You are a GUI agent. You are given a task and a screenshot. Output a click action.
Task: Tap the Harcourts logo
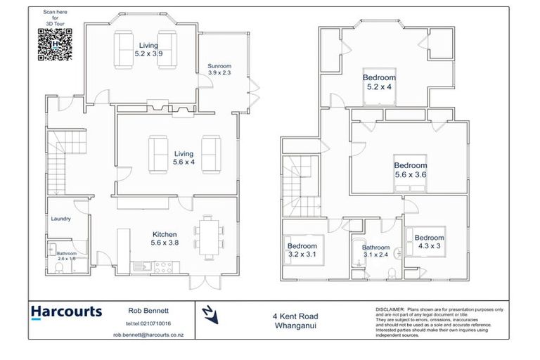pos(66,312)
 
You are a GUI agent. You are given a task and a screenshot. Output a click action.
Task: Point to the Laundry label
pos(60,219)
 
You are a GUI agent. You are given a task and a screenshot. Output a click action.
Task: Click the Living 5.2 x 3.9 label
pos(148,49)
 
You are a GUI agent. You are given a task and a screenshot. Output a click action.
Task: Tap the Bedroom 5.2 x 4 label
pos(379,82)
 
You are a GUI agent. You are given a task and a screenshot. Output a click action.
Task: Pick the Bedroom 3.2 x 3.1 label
pos(302,250)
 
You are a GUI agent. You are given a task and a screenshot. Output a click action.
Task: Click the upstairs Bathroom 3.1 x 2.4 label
pos(375,251)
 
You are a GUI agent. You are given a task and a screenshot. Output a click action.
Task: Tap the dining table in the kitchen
pos(208,236)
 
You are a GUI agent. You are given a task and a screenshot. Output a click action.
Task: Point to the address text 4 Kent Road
pos(292,316)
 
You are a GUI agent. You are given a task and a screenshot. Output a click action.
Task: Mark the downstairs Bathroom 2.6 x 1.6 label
pos(67,256)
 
